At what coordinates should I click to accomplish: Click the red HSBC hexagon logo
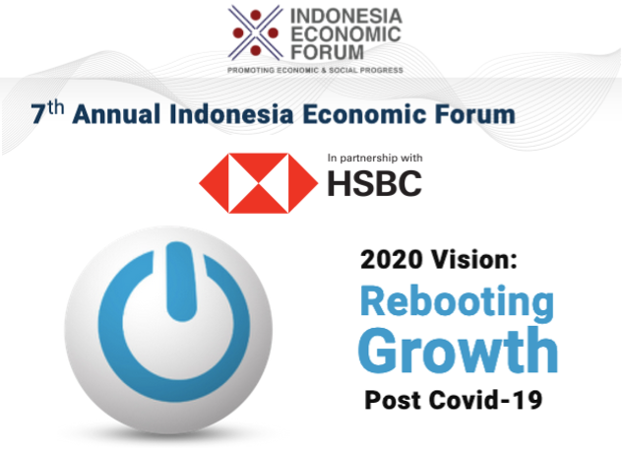(x=258, y=183)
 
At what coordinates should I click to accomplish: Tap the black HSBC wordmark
(x=374, y=183)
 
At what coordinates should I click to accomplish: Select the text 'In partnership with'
(x=375, y=159)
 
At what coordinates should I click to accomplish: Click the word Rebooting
(x=458, y=302)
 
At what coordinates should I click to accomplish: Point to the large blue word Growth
(x=458, y=351)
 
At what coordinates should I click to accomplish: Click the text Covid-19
(x=486, y=400)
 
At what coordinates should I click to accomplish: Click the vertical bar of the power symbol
(x=181, y=282)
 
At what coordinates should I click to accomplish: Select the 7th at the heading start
(x=47, y=113)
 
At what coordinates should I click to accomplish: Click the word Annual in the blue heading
(x=117, y=114)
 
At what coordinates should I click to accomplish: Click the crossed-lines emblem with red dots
(x=256, y=32)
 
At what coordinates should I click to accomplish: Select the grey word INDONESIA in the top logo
(x=346, y=17)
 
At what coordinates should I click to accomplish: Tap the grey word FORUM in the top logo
(x=327, y=52)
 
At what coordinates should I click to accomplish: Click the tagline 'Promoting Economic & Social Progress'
(x=315, y=71)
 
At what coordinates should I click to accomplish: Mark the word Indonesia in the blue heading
(x=231, y=114)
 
